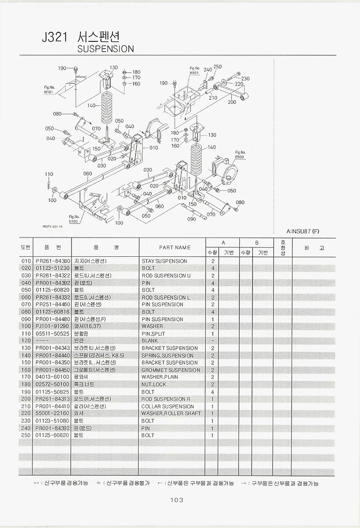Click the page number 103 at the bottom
tap(176, 500)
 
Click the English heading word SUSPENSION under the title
tap(106, 49)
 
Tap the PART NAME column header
tap(175, 247)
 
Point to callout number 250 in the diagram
tap(217, 67)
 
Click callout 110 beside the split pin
tap(49, 174)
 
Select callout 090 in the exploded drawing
tap(191, 219)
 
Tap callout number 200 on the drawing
tap(232, 102)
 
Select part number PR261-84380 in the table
tap(53, 261)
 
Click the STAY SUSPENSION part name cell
tap(164, 261)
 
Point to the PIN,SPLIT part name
tap(153, 334)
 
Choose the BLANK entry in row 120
tap(150, 341)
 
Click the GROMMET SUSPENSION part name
tap(171, 370)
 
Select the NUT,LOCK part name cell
tap(154, 385)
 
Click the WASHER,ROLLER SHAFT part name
tap(171, 413)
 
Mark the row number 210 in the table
tap(26, 406)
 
